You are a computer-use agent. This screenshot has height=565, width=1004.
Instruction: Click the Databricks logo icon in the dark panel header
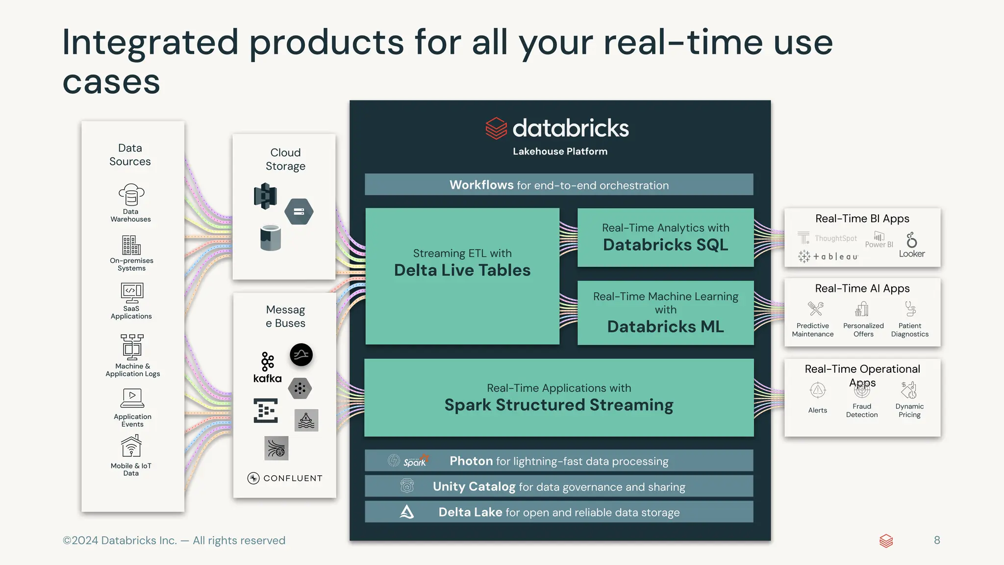click(x=496, y=128)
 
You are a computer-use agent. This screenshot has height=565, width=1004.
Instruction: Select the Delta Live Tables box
click(x=462, y=276)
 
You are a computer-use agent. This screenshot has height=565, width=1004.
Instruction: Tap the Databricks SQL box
click(x=665, y=238)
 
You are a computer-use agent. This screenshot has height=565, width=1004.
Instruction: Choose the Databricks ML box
click(x=665, y=313)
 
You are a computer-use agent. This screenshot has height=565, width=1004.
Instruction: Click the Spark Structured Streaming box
click(x=559, y=398)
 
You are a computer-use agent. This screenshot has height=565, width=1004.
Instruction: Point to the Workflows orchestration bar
click(x=559, y=185)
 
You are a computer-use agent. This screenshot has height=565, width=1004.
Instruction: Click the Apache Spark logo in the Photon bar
click(x=415, y=461)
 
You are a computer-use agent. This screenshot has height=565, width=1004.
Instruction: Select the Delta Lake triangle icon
click(x=407, y=512)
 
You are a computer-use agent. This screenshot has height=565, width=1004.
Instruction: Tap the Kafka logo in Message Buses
click(x=267, y=367)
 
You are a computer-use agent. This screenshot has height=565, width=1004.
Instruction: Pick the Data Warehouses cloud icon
click(x=131, y=195)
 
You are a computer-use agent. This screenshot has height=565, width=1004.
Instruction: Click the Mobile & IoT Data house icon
click(x=131, y=446)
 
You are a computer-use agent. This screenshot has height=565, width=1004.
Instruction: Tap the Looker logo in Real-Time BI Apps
click(x=912, y=245)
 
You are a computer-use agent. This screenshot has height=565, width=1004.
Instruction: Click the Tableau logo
click(x=828, y=257)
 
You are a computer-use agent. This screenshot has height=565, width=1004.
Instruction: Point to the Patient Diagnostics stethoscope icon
click(x=910, y=309)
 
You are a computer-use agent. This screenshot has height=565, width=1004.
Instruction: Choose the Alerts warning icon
click(x=818, y=391)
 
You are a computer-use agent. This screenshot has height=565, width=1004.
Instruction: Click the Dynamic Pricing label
click(x=909, y=411)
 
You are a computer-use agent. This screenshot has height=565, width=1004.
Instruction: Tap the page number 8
click(x=937, y=540)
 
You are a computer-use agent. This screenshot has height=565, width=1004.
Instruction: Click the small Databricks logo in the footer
click(x=886, y=541)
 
